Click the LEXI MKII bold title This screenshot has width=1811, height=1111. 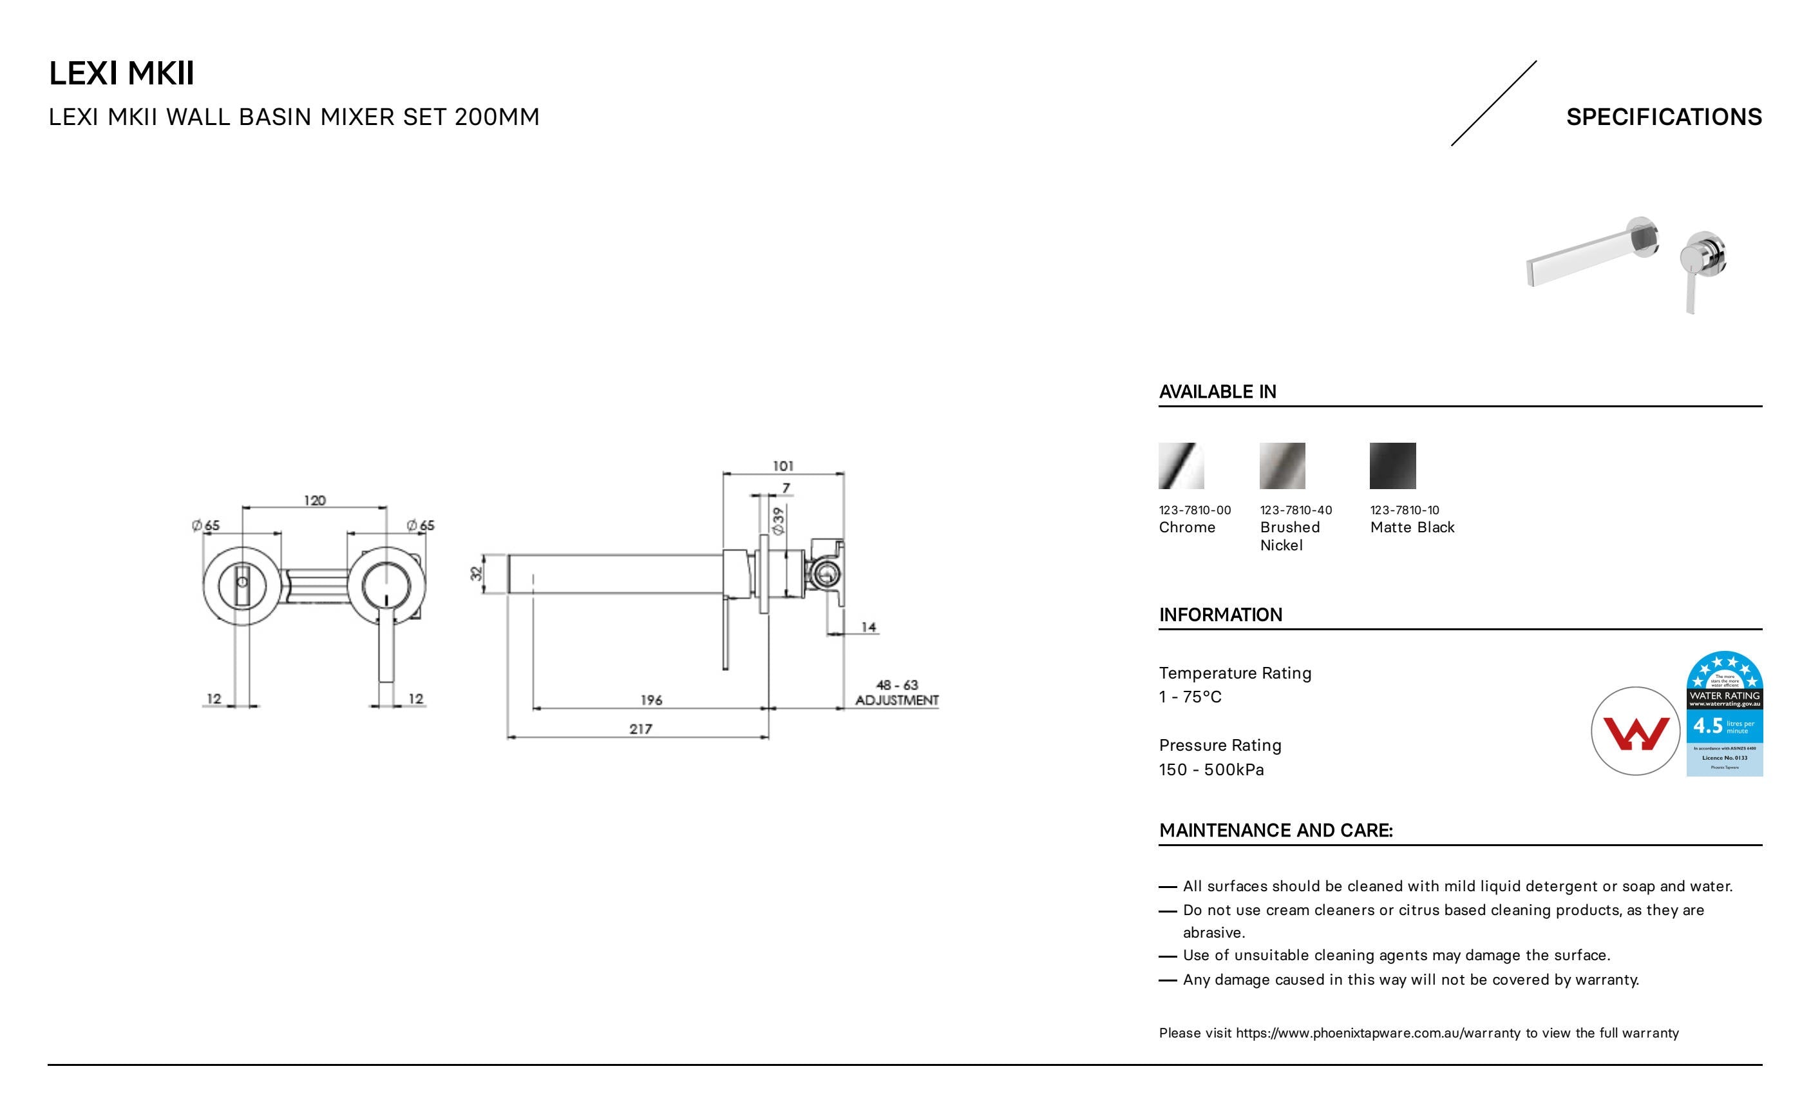(x=121, y=73)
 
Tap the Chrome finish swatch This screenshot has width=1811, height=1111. (x=1181, y=465)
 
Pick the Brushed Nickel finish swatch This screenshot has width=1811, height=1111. (x=1282, y=465)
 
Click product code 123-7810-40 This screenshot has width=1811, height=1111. (x=1295, y=510)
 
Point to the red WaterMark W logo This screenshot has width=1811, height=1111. (x=1635, y=732)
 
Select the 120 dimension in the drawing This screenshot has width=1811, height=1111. (x=314, y=501)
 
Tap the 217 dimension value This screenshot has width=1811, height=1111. (x=640, y=729)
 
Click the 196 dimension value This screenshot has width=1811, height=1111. (x=651, y=700)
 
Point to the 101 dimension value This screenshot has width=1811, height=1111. (x=782, y=466)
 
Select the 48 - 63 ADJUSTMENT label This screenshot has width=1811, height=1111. (x=896, y=693)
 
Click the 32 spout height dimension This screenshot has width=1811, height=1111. (x=477, y=573)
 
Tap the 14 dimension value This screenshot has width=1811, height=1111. (x=869, y=627)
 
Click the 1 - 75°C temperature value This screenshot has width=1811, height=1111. (x=1190, y=697)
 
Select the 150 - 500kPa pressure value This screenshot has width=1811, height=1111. (x=1211, y=770)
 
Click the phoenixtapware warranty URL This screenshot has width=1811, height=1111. (x=1378, y=1033)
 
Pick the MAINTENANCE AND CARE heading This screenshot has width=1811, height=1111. (x=1275, y=831)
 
